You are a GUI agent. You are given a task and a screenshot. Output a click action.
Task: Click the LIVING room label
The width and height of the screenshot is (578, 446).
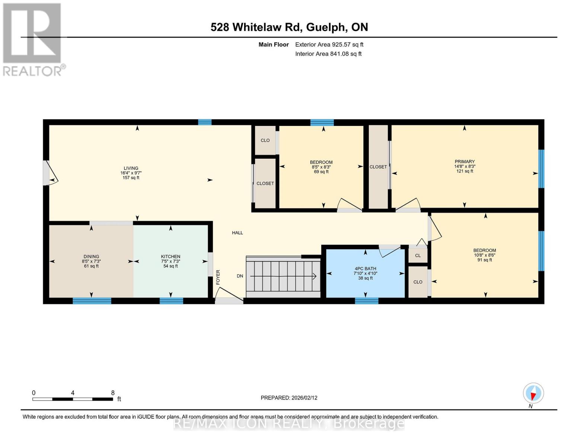pos(131,168)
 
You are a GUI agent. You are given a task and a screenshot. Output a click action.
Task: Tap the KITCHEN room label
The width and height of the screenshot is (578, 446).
pos(170,256)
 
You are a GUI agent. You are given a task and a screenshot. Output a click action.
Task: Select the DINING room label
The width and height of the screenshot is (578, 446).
pos(91,256)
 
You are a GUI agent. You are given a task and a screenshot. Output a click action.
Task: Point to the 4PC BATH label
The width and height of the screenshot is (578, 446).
pos(365,268)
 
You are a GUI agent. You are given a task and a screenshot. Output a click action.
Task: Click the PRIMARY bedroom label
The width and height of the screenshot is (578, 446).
pos(464,162)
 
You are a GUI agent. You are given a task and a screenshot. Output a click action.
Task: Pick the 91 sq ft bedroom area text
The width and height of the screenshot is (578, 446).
pos(485,260)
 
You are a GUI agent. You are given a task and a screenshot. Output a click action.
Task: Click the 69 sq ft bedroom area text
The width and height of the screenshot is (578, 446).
pos(321,172)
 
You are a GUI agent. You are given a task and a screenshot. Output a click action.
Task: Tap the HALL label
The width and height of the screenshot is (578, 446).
pos(237,233)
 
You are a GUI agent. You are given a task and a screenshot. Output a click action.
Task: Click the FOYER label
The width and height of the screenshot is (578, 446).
pos(218,277)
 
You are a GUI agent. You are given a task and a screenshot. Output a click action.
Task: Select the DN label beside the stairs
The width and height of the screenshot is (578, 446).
pos(240,276)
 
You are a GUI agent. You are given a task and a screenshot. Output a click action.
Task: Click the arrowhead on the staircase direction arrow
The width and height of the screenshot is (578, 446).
pos(314,276)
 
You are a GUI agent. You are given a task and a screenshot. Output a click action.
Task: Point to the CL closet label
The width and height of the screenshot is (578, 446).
pos(418,256)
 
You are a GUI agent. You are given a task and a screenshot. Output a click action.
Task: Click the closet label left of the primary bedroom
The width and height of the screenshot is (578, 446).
pos(378,167)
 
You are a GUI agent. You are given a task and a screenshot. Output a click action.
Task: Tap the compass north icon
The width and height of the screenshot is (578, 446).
pos(533,393)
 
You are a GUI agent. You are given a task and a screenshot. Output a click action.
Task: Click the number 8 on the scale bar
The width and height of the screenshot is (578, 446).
pos(113,393)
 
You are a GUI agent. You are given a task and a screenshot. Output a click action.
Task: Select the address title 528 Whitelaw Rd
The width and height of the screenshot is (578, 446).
pos(289,27)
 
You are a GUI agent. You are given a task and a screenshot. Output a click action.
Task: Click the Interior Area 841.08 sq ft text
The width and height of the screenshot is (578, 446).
pos(328,54)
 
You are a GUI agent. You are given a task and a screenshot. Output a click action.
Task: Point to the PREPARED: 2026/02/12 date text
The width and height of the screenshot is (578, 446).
pos(289,398)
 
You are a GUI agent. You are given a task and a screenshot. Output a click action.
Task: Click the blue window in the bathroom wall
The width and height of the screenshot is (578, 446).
pos(367,301)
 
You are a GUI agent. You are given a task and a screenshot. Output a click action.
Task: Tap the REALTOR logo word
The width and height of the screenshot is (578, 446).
pos(33,71)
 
